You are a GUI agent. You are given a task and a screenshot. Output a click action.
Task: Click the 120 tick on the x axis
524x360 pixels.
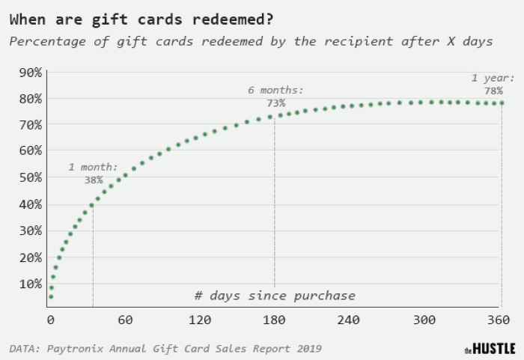tap(200, 320)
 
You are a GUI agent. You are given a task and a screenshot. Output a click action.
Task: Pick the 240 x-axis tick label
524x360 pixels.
tap(349, 320)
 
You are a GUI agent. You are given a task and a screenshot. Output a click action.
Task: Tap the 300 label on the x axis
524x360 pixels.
tap(424, 320)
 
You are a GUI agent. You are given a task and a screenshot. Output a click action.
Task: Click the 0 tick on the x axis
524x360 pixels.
tap(50, 320)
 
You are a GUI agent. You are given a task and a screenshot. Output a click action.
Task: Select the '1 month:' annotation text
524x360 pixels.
tap(93, 167)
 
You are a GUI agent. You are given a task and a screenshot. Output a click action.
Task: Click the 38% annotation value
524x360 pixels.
tap(94, 180)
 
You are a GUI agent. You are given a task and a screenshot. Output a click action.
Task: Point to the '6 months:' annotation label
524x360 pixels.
tap(275, 90)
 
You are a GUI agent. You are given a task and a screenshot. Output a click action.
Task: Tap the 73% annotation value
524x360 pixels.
tap(275, 103)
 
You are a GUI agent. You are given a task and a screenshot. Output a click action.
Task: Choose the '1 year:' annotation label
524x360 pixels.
tap(493, 78)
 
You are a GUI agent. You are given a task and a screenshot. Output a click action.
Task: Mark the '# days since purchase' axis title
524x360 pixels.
tap(275, 296)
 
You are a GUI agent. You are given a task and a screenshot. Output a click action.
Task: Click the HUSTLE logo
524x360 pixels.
tap(490, 349)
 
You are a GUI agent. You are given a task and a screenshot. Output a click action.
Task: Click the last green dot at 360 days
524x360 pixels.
tap(501, 103)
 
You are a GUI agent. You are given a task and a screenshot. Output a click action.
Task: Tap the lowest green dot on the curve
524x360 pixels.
tap(51, 297)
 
